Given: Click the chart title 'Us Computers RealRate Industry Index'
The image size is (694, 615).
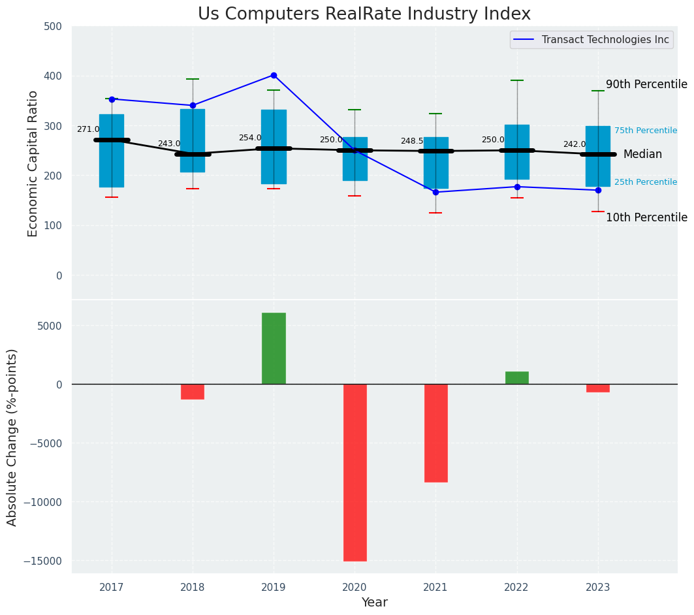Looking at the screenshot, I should [x=364, y=14].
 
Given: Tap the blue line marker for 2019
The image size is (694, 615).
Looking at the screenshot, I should [x=274, y=75].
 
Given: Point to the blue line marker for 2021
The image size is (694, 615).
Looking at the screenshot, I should [x=435, y=192].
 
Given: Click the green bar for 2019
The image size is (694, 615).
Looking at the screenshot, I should [x=274, y=348].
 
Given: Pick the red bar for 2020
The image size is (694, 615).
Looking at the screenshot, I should [x=355, y=472].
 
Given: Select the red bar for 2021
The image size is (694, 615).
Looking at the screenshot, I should [x=435, y=433].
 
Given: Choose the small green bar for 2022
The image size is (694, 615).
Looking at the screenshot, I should [x=516, y=377].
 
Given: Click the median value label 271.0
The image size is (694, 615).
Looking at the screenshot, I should [x=88, y=129].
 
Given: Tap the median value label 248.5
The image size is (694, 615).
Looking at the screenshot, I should [x=412, y=141].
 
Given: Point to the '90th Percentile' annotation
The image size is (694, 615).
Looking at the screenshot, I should [x=646, y=84].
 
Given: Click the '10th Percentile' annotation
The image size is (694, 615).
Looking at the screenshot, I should [x=646, y=217].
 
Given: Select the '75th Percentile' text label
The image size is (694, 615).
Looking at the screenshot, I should [x=645, y=131].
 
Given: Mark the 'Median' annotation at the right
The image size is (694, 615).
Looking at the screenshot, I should [x=642, y=155].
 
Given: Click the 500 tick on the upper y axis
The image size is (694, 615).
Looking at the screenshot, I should [x=54, y=27].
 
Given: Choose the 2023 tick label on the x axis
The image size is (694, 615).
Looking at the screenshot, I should [x=597, y=587].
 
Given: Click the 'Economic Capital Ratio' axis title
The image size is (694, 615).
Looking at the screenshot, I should [x=33, y=163].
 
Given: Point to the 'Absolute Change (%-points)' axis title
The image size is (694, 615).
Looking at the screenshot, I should [x=12, y=437].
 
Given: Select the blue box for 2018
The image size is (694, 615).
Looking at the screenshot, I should [x=193, y=140].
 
